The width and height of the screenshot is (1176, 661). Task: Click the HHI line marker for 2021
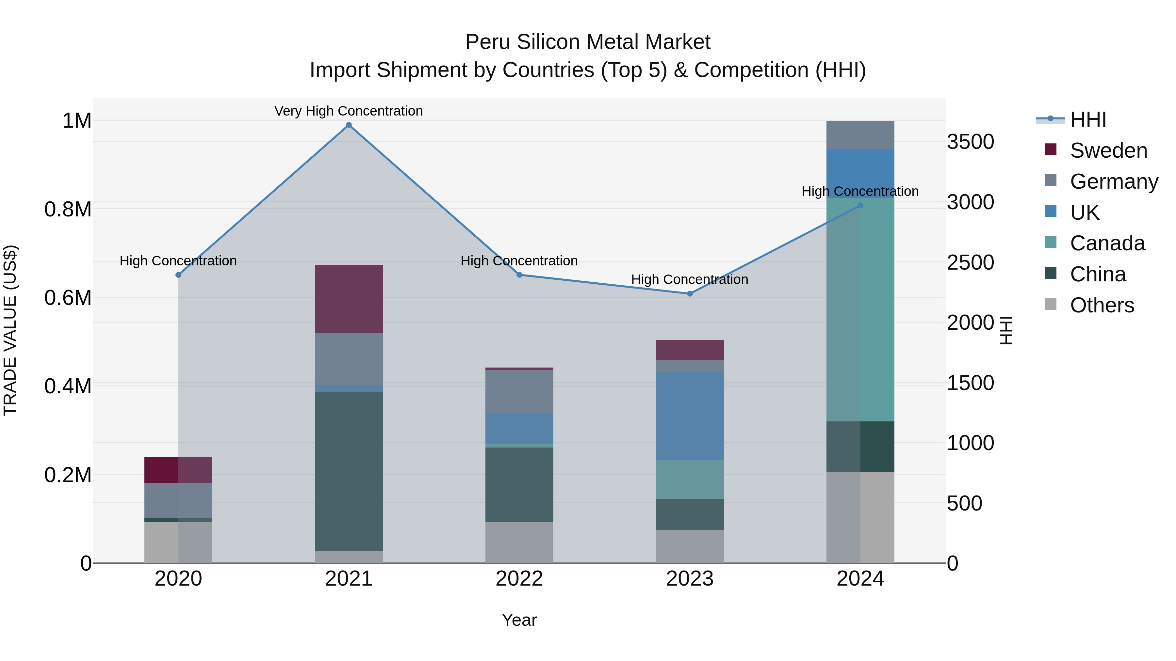tap(349, 125)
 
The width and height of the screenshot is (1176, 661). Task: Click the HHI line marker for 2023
tap(690, 294)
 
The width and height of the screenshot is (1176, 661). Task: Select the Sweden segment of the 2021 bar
tap(349, 299)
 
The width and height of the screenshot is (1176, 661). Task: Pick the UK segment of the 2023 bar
tap(690, 416)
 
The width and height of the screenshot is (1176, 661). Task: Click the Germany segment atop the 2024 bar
tap(860, 135)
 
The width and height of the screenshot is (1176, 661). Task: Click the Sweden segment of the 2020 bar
tap(178, 470)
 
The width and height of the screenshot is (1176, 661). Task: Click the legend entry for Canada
tap(1107, 243)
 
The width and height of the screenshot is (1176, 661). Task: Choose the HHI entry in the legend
tap(1088, 119)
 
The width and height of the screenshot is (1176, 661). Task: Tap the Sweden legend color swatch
tap(1051, 150)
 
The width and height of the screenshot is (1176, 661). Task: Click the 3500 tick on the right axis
tap(970, 142)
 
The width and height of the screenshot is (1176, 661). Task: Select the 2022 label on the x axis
tap(519, 579)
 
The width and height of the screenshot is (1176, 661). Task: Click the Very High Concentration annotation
tap(349, 111)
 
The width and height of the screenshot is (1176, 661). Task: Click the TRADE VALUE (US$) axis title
tap(10, 330)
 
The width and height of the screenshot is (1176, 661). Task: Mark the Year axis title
tap(519, 620)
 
